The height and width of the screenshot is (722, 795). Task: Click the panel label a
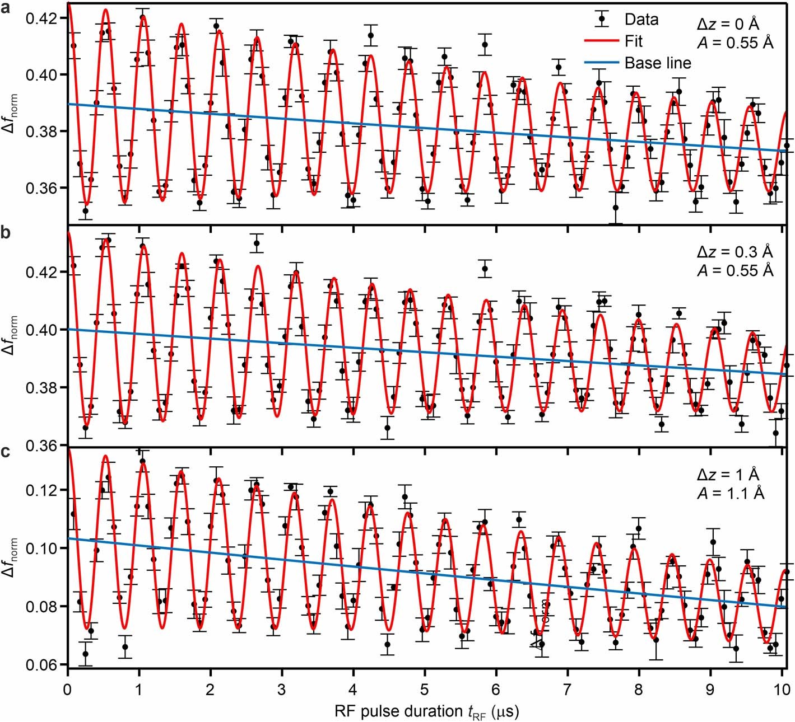[5, 8]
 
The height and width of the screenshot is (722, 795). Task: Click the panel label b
[6, 231]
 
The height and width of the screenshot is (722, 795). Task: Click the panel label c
[5, 452]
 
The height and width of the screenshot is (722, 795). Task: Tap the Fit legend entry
[633, 41]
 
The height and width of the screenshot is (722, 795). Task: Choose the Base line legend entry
[657, 63]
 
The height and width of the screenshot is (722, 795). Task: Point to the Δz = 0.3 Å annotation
[734, 252]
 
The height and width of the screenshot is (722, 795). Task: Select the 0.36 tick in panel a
[41, 187]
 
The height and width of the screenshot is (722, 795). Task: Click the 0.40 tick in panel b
[41, 330]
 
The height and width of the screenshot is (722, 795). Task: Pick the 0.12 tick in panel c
[41, 490]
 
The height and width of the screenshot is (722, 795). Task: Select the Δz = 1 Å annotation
[728, 474]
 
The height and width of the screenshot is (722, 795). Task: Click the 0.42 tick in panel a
[41, 18]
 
